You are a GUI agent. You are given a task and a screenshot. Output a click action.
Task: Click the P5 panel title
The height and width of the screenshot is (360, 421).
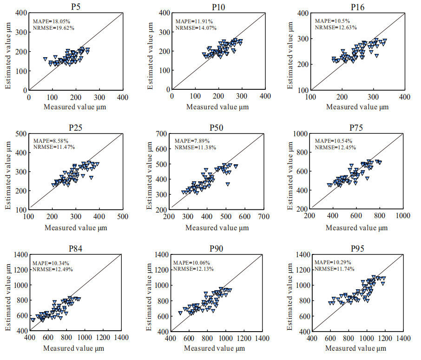76,6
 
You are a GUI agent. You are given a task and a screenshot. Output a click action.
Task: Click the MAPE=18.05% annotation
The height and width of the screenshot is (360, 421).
52,21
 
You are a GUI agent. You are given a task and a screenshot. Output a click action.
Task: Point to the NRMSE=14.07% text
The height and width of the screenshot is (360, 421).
195,27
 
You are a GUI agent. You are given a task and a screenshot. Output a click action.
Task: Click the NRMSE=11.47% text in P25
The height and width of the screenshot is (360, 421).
54,147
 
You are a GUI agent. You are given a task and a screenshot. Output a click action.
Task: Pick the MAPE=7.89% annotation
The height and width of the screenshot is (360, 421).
192,141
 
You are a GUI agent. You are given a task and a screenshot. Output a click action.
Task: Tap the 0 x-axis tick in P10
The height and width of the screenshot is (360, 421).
172,96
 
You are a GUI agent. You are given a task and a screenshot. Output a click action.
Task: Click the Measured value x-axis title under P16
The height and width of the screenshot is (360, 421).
357,107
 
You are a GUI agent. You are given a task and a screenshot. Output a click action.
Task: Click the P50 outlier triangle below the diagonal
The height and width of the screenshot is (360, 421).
228,184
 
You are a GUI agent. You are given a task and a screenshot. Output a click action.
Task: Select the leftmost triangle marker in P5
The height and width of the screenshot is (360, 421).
45,59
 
